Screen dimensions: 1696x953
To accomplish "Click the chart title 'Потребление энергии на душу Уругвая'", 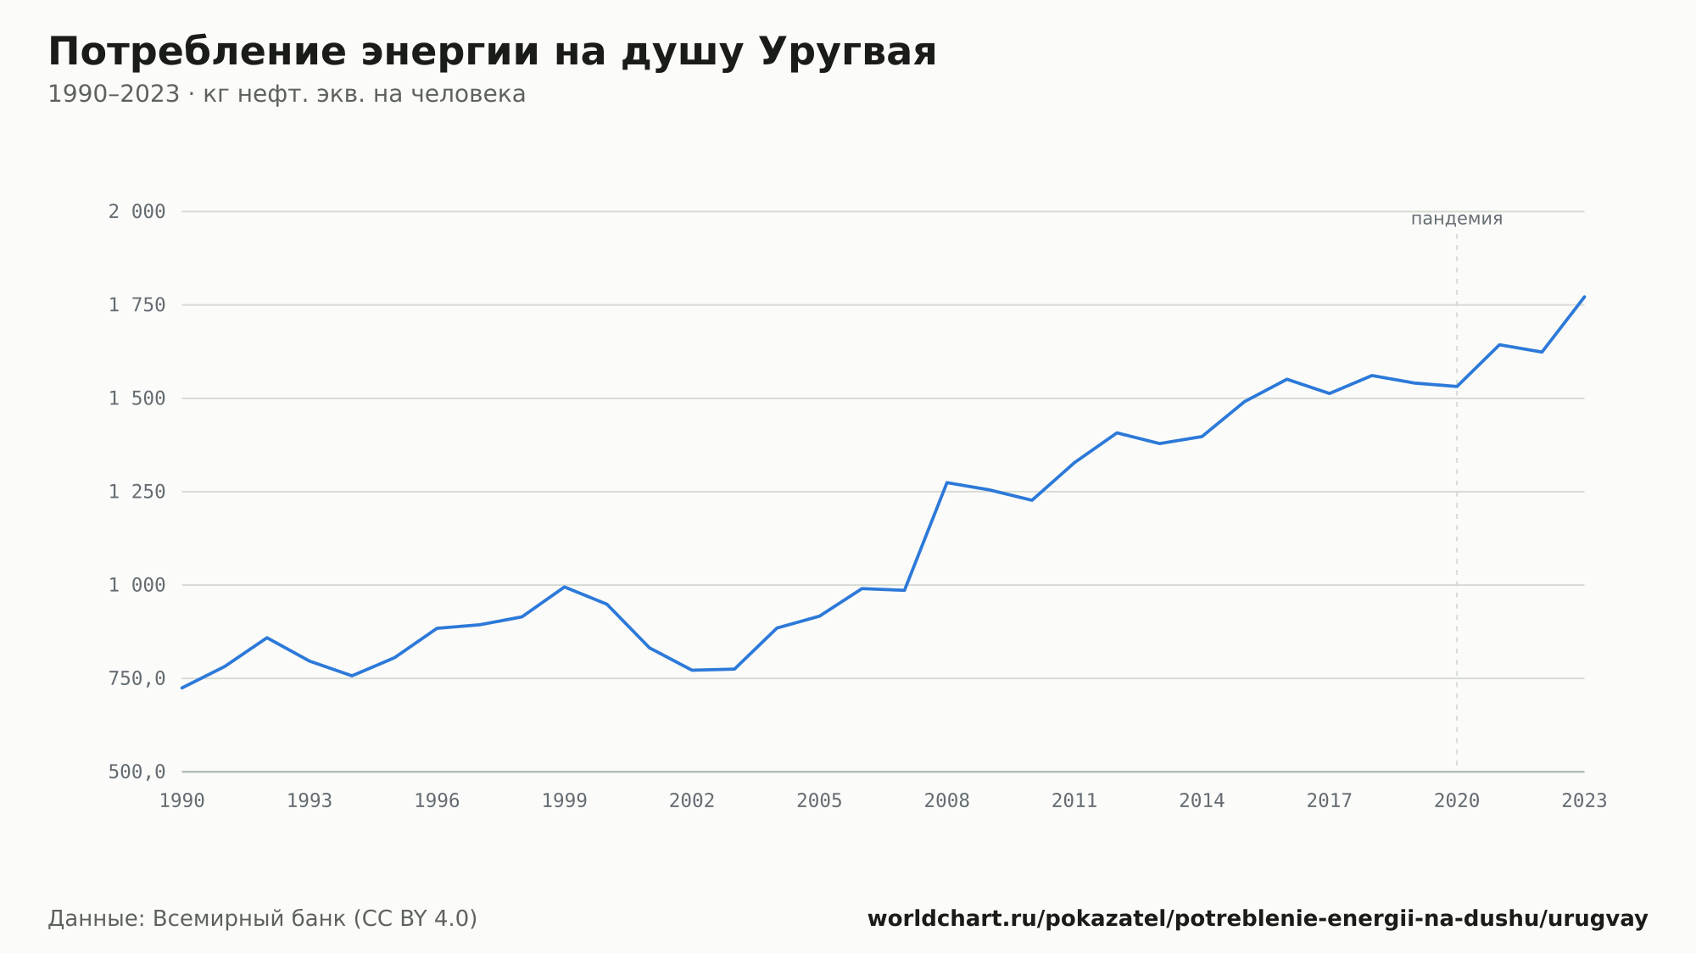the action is pyautogui.click(x=492, y=53).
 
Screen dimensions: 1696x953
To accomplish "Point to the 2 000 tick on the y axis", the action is pyautogui.click(x=137, y=212).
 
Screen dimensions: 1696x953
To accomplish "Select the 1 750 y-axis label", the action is pyautogui.click(x=137, y=305).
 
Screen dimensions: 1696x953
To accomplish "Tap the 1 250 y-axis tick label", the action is pyautogui.click(x=137, y=492).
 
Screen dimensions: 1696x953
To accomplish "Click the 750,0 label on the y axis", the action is pyautogui.click(x=137, y=679).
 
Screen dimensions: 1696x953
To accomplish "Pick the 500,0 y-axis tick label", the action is pyautogui.click(x=137, y=772).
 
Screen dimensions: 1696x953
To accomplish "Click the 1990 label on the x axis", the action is pyautogui.click(x=182, y=801).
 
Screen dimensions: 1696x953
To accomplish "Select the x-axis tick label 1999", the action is pyautogui.click(x=565, y=801).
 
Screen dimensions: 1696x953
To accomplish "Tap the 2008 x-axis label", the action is pyautogui.click(x=947, y=801).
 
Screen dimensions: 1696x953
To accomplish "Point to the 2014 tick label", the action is pyautogui.click(x=1202, y=801).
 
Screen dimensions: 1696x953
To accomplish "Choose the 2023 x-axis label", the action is pyautogui.click(x=1584, y=801).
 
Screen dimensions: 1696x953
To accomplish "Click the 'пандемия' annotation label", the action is pyautogui.click(x=1457, y=219).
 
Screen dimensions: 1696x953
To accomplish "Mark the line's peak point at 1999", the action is pyautogui.click(x=565, y=587).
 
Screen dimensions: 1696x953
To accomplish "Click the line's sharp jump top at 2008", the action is pyautogui.click(x=946, y=482).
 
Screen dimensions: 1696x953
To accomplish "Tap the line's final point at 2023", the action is pyautogui.click(x=1584, y=297).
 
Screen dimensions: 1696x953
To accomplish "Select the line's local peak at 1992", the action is pyautogui.click(x=267, y=638).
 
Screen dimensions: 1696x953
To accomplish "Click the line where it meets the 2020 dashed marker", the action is pyautogui.click(x=1457, y=387).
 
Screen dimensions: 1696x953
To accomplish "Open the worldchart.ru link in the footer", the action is pyautogui.click(x=1258, y=919).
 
